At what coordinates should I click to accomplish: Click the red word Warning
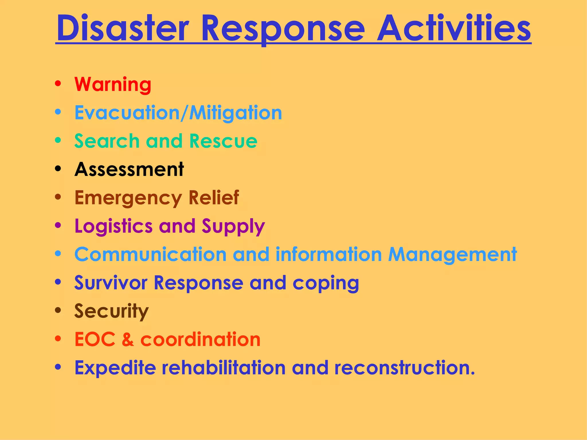113,84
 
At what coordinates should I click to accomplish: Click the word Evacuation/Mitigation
178,113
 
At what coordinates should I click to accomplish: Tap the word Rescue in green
223,141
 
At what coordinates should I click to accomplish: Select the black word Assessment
129,169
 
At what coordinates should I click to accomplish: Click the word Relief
214,198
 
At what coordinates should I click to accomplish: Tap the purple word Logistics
113,226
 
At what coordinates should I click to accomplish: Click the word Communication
150,254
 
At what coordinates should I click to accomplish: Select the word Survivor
111,283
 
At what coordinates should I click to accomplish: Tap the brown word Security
111,311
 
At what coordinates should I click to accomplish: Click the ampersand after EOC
128,339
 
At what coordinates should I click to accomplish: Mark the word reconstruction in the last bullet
404,368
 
